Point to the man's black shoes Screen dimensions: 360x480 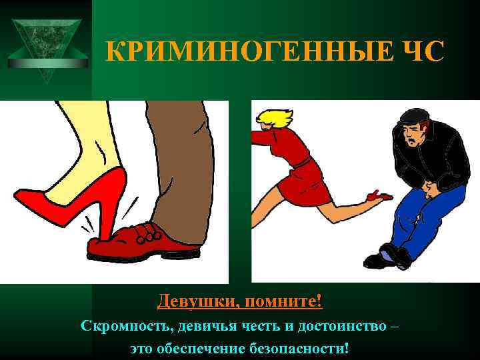(x=390, y=257)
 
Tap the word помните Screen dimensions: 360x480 (x=283, y=301)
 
